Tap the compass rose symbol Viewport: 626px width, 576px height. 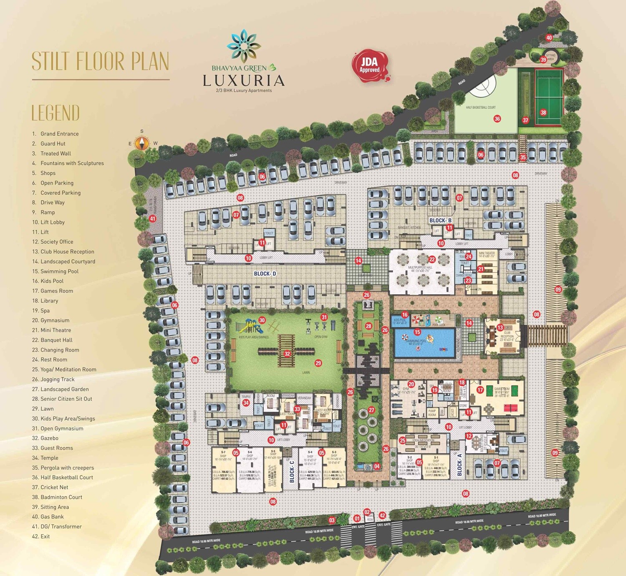click(142, 143)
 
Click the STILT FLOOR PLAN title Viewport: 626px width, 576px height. click(101, 61)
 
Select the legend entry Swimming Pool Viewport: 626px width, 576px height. click(59, 271)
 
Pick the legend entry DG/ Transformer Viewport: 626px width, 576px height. click(61, 526)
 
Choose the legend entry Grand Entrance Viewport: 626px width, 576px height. click(59, 133)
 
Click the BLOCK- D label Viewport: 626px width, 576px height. click(265, 274)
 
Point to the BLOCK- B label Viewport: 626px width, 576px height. click(440, 220)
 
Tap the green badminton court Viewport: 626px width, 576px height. click(549, 97)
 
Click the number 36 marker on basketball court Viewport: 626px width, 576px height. click(497, 119)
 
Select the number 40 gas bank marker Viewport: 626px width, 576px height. click(549, 38)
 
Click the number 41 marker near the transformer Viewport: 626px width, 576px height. click(152, 219)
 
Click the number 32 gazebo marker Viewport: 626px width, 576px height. click(287, 354)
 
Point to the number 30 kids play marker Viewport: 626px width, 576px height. click(262, 320)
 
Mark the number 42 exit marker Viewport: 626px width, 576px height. click(382, 516)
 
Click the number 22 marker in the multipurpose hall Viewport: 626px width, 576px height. click(432, 259)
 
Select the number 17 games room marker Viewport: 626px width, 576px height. click(480, 390)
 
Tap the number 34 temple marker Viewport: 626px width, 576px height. click(246, 402)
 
